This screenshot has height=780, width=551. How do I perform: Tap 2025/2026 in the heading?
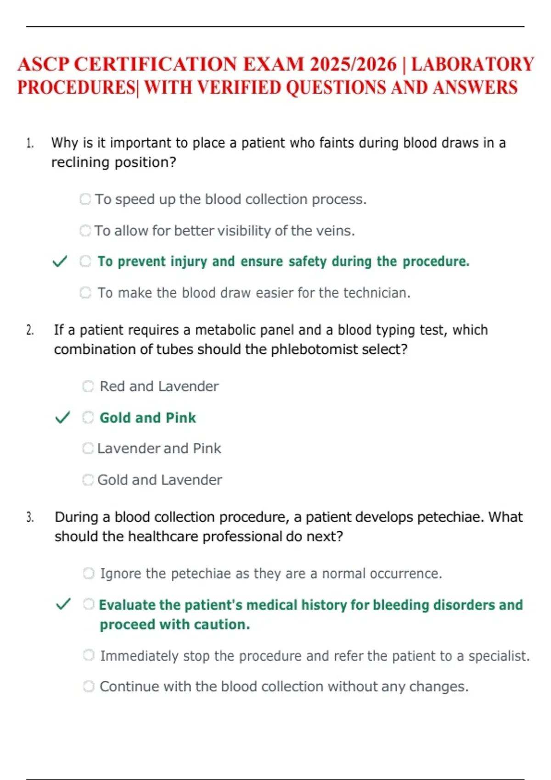353,64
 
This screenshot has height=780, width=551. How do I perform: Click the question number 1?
30,143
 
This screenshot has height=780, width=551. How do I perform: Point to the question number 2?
30,330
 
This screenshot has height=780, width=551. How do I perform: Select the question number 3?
30,518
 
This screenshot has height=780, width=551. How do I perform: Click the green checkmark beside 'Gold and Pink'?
62,418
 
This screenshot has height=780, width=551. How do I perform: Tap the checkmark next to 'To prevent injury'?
60,262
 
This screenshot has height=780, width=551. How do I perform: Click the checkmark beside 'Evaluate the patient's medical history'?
63,604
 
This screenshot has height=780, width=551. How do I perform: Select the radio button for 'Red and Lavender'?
88,386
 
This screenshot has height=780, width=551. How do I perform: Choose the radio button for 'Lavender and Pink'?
88,448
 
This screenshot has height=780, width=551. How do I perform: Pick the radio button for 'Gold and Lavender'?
88,480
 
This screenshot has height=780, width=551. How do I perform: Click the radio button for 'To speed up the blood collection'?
85,199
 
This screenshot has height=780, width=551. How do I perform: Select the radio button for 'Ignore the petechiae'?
89,574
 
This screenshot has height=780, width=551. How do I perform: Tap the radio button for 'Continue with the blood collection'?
89,686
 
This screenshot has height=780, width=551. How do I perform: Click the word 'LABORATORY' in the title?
472,64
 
